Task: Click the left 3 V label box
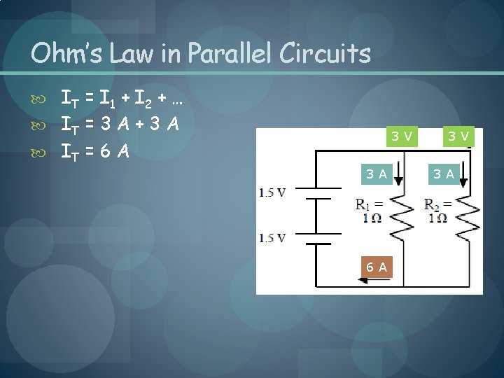pos(400,136)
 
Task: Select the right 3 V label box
pos(458,136)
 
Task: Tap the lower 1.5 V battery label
pos(272,238)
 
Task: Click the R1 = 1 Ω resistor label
pos(369,211)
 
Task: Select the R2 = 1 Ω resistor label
pos(438,211)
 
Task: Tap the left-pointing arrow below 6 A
pos(364,281)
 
